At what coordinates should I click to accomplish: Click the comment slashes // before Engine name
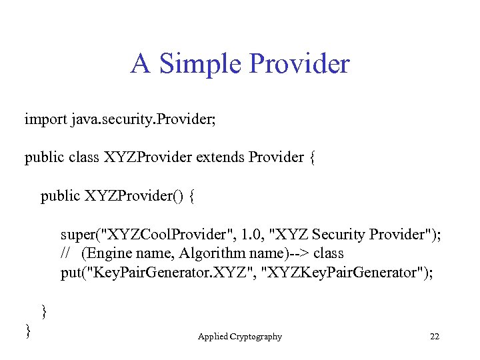coord(65,253)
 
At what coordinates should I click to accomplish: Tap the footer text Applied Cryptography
coord(240,337)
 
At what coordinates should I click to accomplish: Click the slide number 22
coord(435,337)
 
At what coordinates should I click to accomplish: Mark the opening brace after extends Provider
coord(311,157)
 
